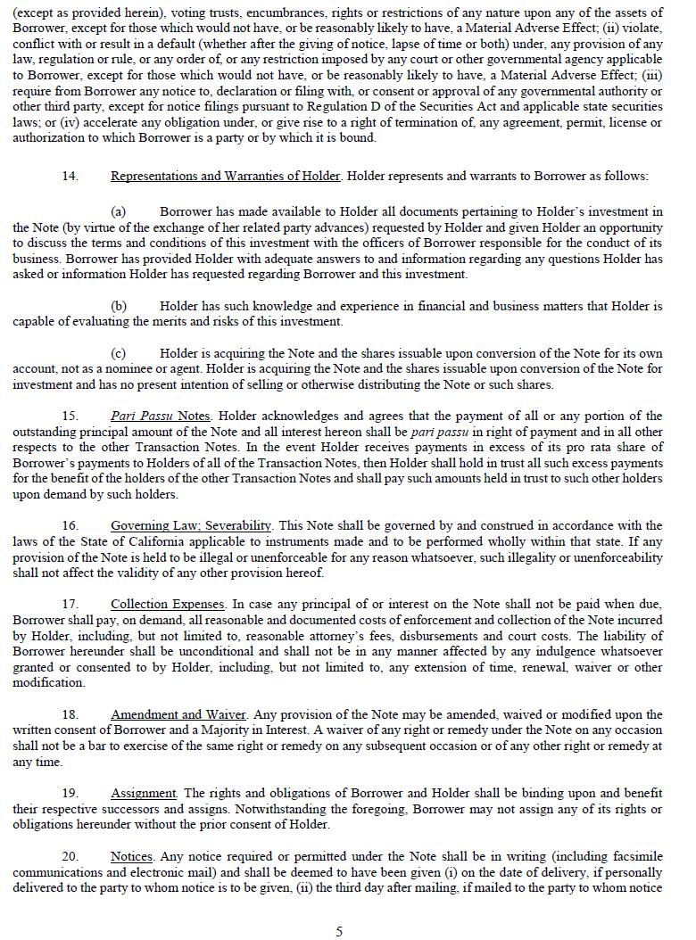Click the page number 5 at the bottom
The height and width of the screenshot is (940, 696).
click(x=339, y=932)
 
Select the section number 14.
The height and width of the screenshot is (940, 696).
click(x=70, y=176)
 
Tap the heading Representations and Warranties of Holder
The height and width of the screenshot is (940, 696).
click(x=226, y=176)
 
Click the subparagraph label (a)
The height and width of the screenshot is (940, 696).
click(x=118, y=211)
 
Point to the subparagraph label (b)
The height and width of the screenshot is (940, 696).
click(x=118, y=306)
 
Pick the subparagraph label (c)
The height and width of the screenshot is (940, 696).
click(x=118, y=353)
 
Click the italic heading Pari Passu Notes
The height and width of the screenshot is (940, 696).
click(x=162, y=416)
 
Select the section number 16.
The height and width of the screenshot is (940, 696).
click(x=70, y=525)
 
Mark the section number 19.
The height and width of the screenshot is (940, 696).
click(x=70, y=793)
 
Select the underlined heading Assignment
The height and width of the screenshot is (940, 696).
click(x=144, y=793)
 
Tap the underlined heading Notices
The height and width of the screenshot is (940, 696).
click(x=132, y=856)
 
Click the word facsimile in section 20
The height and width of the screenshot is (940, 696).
click(x=634, y=856)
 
